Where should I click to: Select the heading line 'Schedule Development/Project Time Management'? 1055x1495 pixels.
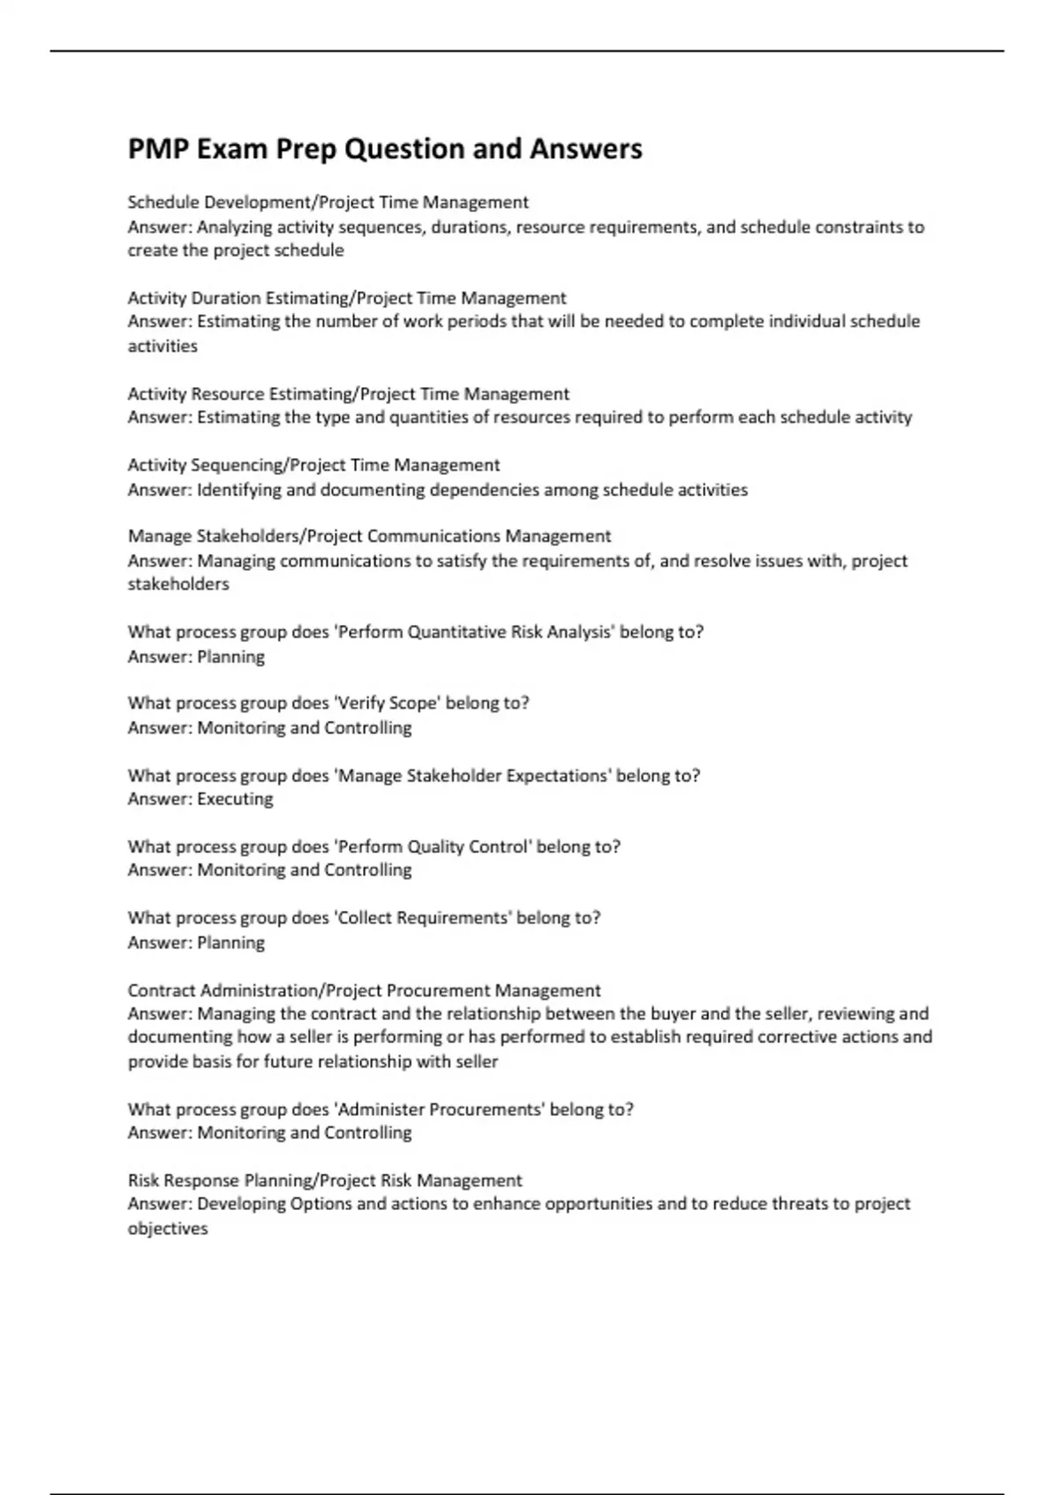tap(328, 202)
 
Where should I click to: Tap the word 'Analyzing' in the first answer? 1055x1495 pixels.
tap(235, 227)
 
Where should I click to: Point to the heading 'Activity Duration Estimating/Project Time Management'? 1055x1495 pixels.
tap(346, 298)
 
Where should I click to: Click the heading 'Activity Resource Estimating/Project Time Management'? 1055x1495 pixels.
tap(348, 394)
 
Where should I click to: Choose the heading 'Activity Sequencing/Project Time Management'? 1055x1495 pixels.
tap(314, 465)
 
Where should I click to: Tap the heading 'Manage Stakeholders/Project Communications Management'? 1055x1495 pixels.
tap(369, 536)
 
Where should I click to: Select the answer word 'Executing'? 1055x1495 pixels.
tap(235, 799)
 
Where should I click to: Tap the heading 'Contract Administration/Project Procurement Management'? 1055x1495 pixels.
tap(364, 990)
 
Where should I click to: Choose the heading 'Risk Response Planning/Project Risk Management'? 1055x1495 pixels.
tap(324, 1180)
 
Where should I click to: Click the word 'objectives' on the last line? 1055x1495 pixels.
tap(168, 1229)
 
